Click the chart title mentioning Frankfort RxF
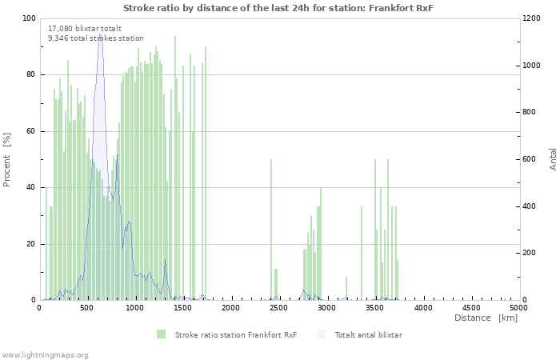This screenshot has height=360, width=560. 279,7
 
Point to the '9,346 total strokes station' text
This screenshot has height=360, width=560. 96,38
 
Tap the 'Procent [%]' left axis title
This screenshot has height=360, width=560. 7,159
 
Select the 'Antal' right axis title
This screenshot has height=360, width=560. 553,158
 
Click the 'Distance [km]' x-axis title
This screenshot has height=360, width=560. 486,318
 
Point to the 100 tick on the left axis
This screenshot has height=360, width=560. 29,18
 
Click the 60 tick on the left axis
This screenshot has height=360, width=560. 31,131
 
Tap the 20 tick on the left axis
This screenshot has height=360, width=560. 31,244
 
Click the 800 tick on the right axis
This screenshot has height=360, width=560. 531,113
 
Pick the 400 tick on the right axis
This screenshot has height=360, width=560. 531,206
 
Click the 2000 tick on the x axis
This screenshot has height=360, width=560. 231,307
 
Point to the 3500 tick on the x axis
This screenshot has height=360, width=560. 375,307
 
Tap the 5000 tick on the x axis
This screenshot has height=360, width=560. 518,307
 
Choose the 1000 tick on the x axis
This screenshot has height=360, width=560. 135,307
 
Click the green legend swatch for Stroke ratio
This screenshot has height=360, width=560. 161,334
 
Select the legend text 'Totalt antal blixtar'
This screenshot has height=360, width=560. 368,334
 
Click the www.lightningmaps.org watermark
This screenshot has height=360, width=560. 45,354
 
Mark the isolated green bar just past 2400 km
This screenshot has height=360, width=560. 271,230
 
